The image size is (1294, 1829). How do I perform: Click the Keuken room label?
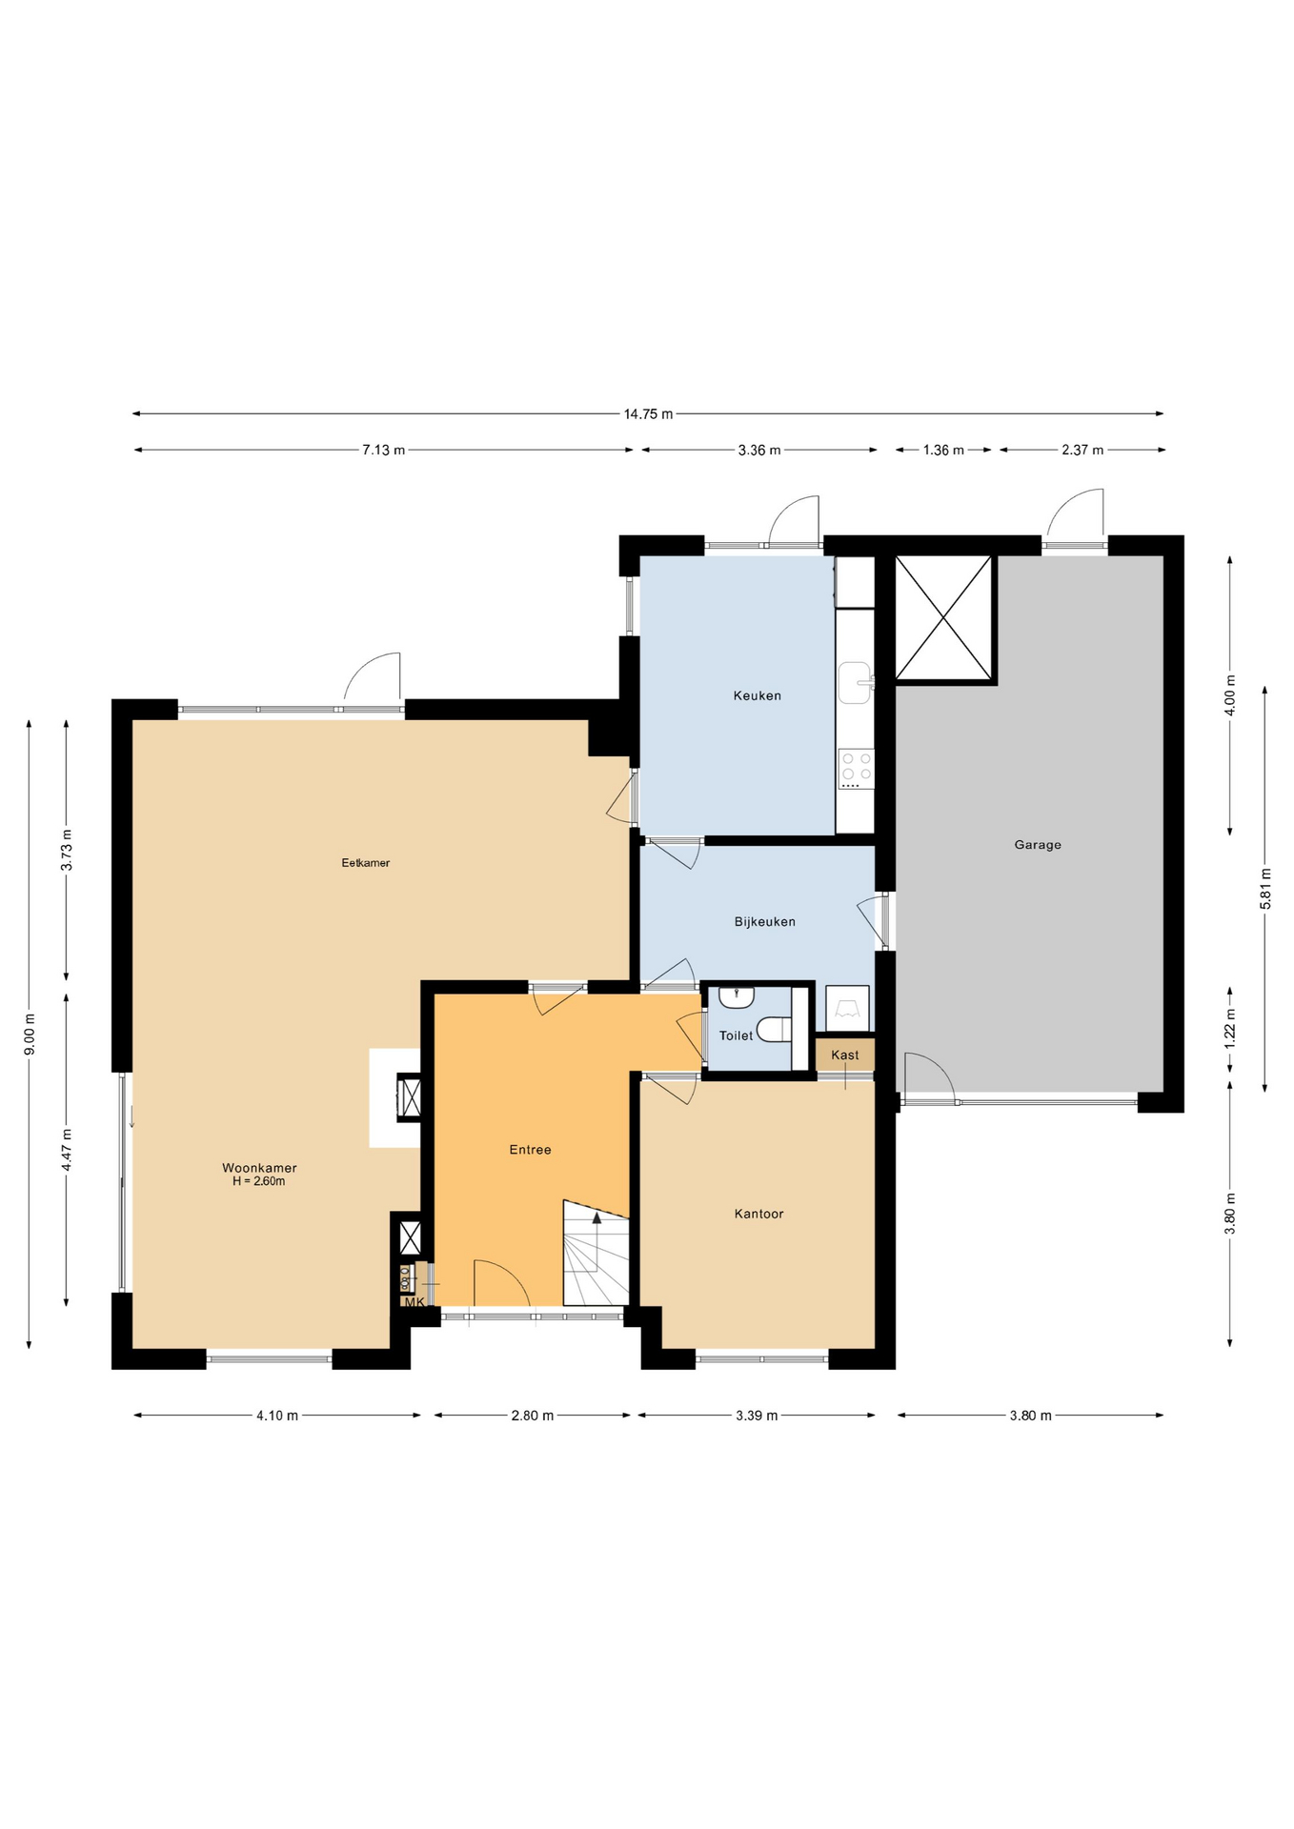coord(757,695)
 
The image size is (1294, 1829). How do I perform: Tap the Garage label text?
coord(1038,845)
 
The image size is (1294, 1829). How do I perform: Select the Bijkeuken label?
coord(764,922)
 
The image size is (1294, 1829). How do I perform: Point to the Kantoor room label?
coord(758,1214)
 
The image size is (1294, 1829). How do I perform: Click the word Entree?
coord(530,1150)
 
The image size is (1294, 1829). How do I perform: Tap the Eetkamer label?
coord(366,863)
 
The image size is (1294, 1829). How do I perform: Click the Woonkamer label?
coord(259,1168)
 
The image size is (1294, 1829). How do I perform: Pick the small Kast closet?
coord(845,1055)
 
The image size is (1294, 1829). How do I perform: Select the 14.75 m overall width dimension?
coord(648,413)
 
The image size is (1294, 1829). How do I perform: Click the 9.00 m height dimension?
coord(30,1034)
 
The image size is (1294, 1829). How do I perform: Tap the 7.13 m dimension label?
coord(383,450)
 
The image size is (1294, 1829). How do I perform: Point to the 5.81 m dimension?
coord(1265,889)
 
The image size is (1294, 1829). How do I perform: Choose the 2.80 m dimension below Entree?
coord(533,1416)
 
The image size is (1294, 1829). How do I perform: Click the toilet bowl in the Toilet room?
coord(774,1030)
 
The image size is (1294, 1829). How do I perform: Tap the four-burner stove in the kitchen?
coord(856,767)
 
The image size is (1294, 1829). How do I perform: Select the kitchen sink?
coord(855,682)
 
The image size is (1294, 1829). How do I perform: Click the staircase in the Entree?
coord(596,1253)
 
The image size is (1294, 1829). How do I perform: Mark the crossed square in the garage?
coord(944,618)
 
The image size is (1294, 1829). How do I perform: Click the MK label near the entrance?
coord(414,1302)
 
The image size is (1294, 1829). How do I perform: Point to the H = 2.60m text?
coord(259,1182)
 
